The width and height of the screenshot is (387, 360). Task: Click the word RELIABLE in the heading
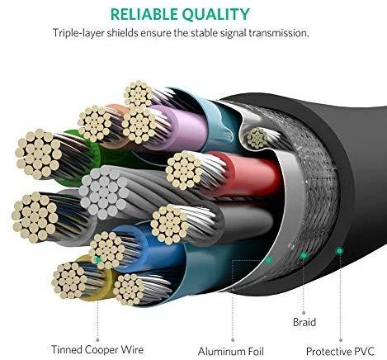[144, 14]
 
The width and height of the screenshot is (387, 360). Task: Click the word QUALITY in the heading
[216, 15]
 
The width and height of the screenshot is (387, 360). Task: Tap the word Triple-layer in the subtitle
[78, 33]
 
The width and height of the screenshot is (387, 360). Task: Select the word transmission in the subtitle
[279, 33]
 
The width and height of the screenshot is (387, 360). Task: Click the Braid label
[304, 322]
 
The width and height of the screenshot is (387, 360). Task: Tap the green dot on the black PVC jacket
[340, 250]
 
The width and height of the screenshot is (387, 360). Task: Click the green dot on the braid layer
[304, 256]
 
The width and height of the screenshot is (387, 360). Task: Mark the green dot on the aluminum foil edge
[269, 259]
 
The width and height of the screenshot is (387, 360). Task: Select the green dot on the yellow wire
[97, 259]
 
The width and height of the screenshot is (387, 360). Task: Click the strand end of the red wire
[184, 170]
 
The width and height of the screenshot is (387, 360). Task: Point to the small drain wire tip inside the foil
[257, 138]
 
